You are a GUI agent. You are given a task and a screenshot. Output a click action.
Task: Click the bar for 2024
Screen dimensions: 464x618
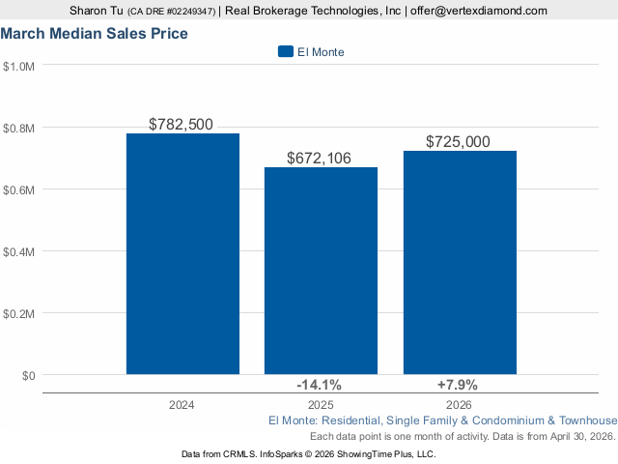pos(183,253)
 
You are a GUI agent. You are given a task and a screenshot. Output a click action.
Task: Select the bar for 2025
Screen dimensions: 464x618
pos(321,271)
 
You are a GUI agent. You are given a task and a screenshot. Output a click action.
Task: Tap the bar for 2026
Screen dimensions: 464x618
pos(460,262)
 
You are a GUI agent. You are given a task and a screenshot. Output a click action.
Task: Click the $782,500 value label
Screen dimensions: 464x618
pos(182,125)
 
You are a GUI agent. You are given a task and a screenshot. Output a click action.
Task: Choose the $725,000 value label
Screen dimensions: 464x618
pos(459,142)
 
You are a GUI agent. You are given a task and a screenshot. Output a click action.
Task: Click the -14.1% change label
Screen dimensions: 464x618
pos(320,385)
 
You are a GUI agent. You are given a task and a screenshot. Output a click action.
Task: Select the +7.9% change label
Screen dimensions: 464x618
pos(459,385)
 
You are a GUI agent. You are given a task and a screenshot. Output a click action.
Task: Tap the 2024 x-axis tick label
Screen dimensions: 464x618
pos(182,405)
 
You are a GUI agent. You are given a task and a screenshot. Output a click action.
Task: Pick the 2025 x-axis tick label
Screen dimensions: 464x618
pos(320,405)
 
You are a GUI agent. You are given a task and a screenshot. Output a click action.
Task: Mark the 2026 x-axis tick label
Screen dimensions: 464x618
pos(459,405)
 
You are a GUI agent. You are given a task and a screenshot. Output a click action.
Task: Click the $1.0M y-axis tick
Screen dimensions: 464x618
pos(19,67)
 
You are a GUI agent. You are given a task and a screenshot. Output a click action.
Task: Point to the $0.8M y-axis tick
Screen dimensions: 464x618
pos(19,129)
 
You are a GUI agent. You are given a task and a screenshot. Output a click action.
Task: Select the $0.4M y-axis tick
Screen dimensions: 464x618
pos(19,251)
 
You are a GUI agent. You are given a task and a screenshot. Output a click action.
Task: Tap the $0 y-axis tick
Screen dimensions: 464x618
pos(27,375)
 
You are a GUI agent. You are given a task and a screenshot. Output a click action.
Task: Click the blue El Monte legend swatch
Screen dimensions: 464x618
pos(285,51)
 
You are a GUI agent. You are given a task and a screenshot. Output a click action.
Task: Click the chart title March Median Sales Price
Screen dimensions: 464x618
pos(94,34)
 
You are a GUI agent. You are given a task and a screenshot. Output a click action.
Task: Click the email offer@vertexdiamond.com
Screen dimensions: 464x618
pos(477,11)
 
